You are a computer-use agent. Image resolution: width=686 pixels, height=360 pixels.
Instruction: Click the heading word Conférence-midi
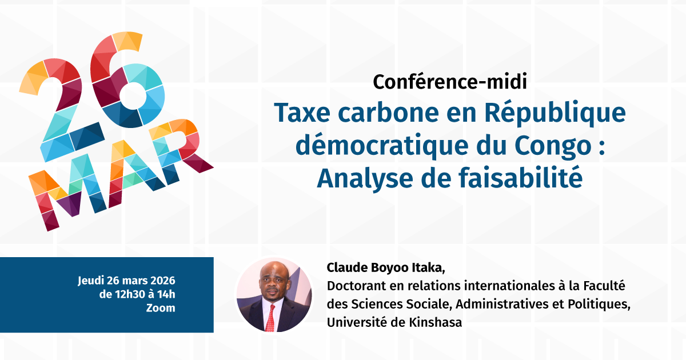point(449,82)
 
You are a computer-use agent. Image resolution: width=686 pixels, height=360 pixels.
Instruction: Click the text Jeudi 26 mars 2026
point(126,281)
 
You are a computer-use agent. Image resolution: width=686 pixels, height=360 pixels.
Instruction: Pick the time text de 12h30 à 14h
point(137,295)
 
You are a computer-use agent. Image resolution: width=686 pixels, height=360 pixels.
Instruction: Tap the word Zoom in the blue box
point(161,308)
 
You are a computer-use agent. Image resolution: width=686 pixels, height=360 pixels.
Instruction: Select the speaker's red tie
point(270,317)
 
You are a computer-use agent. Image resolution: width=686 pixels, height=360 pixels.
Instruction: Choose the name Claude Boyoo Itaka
point(385,268)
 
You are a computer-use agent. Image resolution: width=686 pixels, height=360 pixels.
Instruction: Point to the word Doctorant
point(353,285)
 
